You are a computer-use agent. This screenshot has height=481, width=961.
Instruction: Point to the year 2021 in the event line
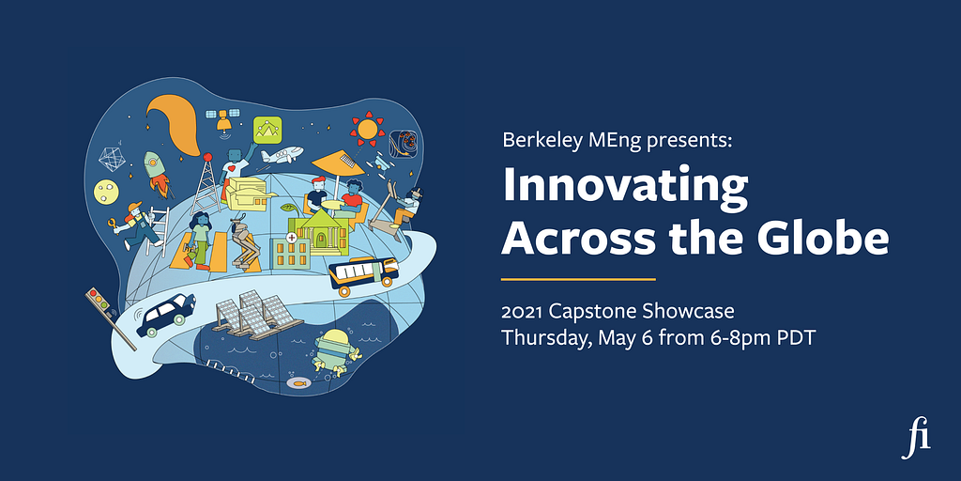522,312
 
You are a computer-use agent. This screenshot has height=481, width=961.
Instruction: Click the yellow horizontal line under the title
578,279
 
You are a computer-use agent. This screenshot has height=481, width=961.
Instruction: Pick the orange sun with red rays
367,129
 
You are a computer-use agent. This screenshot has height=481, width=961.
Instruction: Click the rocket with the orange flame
157,173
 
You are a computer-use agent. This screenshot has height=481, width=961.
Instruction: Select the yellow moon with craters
106,192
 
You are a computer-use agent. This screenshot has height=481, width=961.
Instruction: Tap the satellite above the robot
222,118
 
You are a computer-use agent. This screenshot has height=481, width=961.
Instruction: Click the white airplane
282,155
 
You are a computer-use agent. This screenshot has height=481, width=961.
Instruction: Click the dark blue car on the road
165,314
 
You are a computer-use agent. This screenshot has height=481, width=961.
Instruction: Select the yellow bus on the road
363,275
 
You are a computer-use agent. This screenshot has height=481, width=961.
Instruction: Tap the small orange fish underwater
299,383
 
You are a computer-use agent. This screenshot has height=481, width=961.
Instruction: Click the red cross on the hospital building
291,236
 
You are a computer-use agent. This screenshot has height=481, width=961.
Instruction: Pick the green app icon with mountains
267,130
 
